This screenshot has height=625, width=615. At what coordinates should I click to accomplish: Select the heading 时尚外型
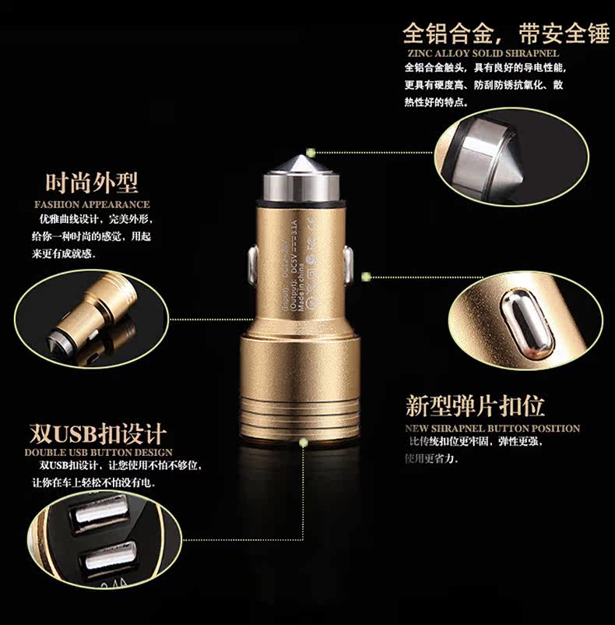coord(92,183)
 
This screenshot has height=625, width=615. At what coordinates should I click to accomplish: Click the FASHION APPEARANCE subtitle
coord(92,204)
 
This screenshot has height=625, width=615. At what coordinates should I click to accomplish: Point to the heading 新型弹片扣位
coord(475,406)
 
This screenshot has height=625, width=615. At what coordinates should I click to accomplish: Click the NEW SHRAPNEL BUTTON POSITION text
coord(492,428)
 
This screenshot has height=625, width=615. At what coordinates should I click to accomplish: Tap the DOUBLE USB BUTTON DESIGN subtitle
coord(98,452)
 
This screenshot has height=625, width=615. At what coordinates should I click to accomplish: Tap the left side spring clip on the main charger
coord(251,266)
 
